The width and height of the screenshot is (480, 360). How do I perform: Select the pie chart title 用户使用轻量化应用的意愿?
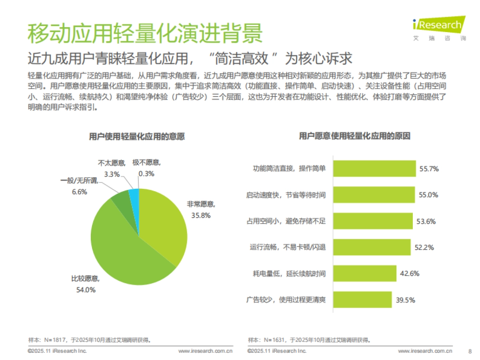coord(136,136)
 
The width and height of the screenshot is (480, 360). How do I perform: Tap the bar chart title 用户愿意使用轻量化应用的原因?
coord(354,136)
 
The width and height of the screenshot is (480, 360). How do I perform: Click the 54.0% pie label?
coord(86,290)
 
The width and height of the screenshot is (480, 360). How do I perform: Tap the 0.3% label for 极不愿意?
coord(146,174)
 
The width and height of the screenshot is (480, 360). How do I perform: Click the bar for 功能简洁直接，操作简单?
coord(374,168)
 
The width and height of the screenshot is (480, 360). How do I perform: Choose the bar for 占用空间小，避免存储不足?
coord(372,221)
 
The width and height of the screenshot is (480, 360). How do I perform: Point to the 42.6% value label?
coord(409,274)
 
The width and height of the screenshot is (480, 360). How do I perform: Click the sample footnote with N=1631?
coord(309,340)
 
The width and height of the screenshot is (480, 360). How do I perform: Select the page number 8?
coord(470,351)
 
